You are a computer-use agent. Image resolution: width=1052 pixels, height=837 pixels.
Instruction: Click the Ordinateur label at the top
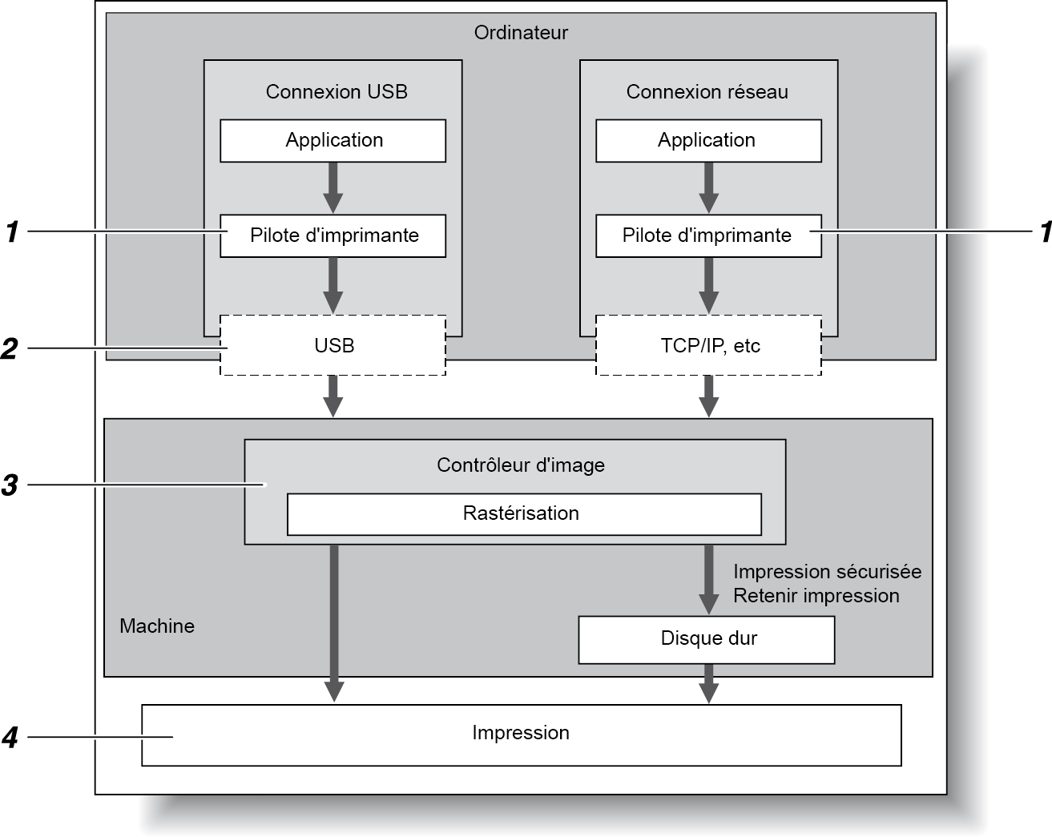pyautogui.click(x=521, y=33)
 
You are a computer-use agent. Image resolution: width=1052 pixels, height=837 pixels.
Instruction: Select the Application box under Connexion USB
pyautogui.click(x=333, y=141)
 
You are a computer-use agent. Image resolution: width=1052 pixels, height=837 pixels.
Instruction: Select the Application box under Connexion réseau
pyautogui.click(x=708, y=141)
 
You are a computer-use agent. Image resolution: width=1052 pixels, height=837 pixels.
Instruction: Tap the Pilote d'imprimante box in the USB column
pyautogui.click(x=333, y=235)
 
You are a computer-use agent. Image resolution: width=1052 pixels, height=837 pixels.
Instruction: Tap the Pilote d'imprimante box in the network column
pyautogui.click(x=708, y=235)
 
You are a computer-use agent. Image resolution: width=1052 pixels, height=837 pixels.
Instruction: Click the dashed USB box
pyautogui.click(x=333, y=346)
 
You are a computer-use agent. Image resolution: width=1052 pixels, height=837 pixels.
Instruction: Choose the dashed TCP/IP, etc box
pyautogui.click(x=708, y=346)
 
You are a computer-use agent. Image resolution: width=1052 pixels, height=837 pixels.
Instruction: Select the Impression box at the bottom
pyautogui.click(x=521, y=734)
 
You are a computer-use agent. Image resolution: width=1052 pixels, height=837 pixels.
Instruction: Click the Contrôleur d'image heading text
pyautogui.click(x=521, y=465)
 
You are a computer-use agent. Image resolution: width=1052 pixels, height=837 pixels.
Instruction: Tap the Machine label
pyautogui.click(x=157, y=626)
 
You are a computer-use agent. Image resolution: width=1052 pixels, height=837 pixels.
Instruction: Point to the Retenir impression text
pyautogui.click(x=816, y=596)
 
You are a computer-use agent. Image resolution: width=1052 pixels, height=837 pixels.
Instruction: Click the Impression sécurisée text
pyautogui.click(x=827, y=572)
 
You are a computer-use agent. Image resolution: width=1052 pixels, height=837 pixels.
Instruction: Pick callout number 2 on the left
pyautogui.click(x=10, y=349)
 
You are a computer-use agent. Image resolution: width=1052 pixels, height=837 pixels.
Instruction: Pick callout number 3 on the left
pyautogui.click(x=10, y=485)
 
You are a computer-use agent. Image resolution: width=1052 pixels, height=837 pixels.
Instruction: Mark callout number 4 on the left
pyautogui.click(x=10, y=737)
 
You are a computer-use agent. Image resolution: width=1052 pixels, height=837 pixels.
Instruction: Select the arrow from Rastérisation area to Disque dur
pyautogui.click(x=708, y=578)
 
